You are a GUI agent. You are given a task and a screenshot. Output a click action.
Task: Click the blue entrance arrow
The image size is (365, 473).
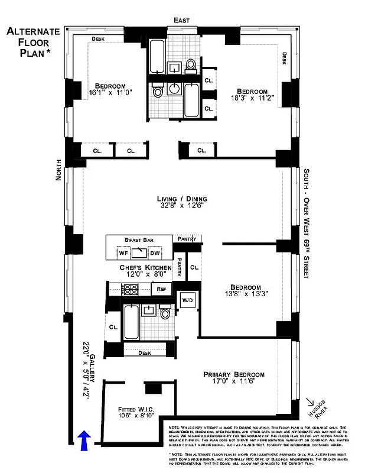(x=84, y=440)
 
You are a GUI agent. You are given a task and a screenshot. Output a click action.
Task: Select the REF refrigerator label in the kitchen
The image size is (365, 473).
(x=160, y=289)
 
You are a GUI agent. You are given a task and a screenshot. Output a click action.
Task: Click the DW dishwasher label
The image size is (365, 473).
(x=155, y=254)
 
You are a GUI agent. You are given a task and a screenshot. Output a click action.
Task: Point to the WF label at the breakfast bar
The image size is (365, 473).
(x=123, y=254)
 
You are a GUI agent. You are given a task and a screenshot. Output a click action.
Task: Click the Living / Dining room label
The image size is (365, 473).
(x=181, y=199)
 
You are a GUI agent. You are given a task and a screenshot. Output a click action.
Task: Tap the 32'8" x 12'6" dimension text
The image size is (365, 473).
(x=181, y=207)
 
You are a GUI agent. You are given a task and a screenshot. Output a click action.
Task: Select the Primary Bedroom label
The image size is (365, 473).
(x=234, y=374)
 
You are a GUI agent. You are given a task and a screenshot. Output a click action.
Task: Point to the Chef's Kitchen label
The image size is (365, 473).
(x=145, y=268)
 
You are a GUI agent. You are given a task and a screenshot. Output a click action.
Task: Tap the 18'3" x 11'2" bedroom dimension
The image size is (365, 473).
(x=251, y=99)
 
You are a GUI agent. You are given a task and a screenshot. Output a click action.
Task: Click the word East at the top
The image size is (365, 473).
(x=181, y=20)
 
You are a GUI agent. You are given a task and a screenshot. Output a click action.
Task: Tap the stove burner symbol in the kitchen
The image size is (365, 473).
(x=129, y=289)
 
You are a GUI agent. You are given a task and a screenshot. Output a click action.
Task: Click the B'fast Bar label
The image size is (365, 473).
(x=139, y=239)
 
